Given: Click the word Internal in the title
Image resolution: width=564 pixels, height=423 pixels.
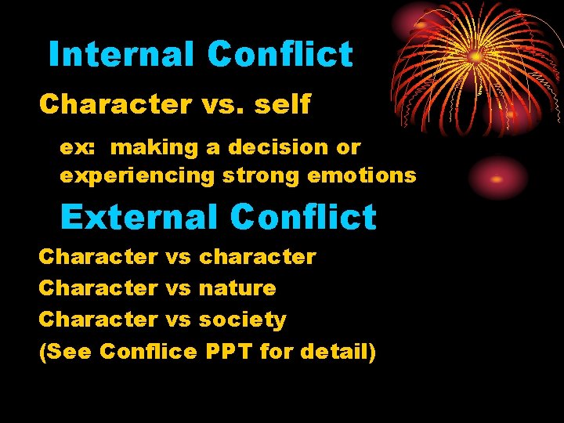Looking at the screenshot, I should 121,55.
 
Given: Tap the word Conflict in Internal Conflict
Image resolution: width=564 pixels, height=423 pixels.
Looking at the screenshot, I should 280,55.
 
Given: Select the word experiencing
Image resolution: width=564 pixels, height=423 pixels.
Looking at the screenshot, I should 136,175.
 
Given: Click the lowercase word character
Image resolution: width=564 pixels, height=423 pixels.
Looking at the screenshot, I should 258,256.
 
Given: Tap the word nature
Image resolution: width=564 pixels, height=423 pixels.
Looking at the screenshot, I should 237,288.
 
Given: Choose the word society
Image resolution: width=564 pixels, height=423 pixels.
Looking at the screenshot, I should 243,320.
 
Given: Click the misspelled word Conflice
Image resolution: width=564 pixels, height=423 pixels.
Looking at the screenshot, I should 149,352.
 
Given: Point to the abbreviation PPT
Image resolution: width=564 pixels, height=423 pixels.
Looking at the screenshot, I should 229,352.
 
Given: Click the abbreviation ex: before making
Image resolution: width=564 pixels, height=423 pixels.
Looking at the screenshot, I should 75,147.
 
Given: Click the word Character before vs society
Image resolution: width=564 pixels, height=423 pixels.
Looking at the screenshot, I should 98,320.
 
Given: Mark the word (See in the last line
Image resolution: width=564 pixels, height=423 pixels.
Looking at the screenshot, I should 66,352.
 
